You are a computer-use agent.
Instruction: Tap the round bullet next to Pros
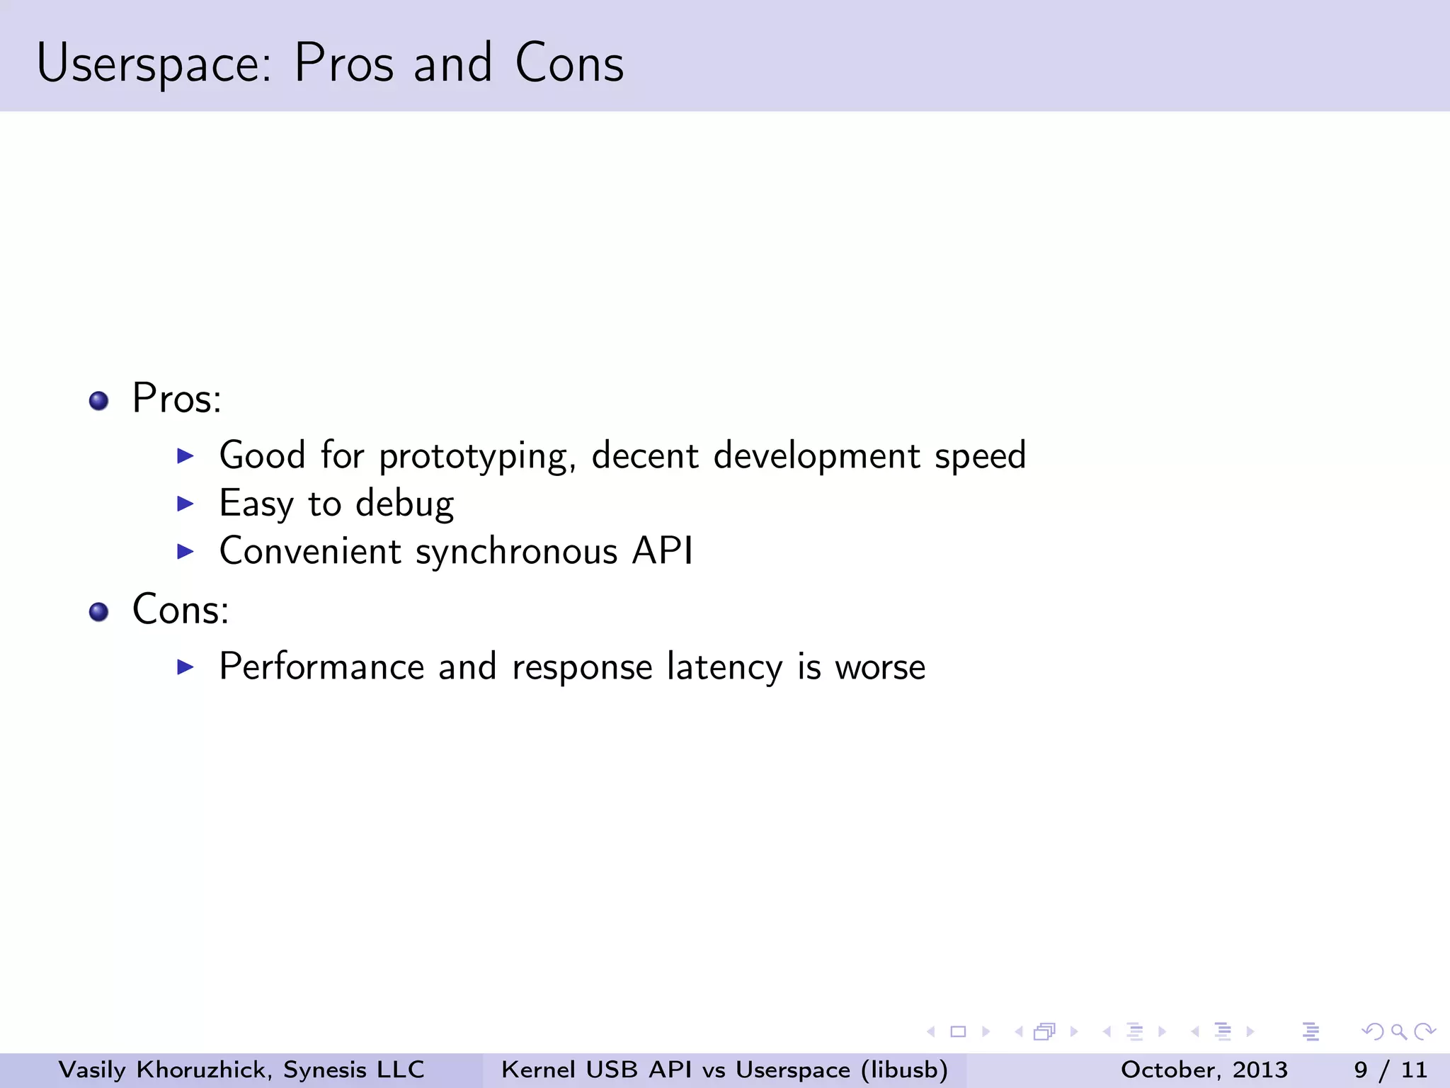(x=99, y=401)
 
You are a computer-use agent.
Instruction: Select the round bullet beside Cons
(x=99, y=612)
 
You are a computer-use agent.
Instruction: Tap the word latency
(x=724, y=668)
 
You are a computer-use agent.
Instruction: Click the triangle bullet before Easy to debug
(x=185, y=504)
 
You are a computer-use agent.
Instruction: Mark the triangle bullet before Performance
(x=185, y=667)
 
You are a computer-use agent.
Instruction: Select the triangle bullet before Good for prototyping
(x=185, y=455)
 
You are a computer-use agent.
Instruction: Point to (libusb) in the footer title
(x=904, y=1070)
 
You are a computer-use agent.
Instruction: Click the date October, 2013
(x=1204, y=1070)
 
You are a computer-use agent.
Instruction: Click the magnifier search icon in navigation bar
(x=1398, y=1032)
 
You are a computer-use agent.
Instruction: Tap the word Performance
(x=321, y=668)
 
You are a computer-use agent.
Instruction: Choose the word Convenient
(x=310, y=551)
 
